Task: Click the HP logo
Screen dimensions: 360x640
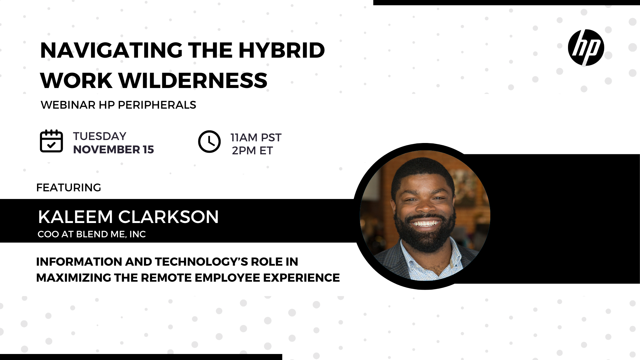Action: click(x=586, y=48)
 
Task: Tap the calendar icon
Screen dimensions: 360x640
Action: click(x=51, y=141)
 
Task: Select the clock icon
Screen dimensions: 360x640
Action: click(x=209, y=142)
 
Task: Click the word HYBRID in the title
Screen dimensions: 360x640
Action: click(x=281, y=51)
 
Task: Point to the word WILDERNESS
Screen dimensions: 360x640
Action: click(x=193, y=80)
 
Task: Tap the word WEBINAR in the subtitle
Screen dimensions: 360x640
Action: click(x=68, y=105)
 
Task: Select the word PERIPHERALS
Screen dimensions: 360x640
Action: click(x=157, y=105)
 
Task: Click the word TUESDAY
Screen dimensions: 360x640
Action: click(x=100, y=136)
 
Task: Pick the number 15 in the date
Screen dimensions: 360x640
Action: click(x=148, y=150)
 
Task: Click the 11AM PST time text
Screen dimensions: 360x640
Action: click(x=256, y=137)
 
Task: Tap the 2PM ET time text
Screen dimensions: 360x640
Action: click(x=252, y=151)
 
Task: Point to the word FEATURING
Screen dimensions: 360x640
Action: click(x=69, y=188)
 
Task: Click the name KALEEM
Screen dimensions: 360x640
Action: click(x=76, y=217)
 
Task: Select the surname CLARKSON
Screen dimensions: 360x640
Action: click(x=168, y=217)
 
